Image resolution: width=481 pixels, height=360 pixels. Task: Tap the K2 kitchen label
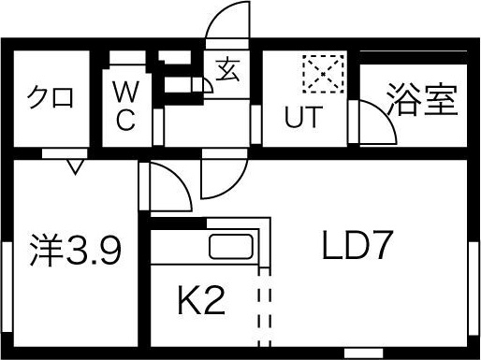coord(201,302)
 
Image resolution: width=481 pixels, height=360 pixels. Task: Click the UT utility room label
coord(303,119)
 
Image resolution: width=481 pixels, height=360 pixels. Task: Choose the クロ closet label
coord(50,97)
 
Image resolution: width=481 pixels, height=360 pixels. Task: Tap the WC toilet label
coord(126,106)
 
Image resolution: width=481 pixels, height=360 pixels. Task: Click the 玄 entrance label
coord(227,70)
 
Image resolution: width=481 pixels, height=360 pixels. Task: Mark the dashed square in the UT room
coord(323,74)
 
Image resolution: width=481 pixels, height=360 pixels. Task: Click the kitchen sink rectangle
coord(232,249)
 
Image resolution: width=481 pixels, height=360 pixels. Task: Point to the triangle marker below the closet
coord(74,166)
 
